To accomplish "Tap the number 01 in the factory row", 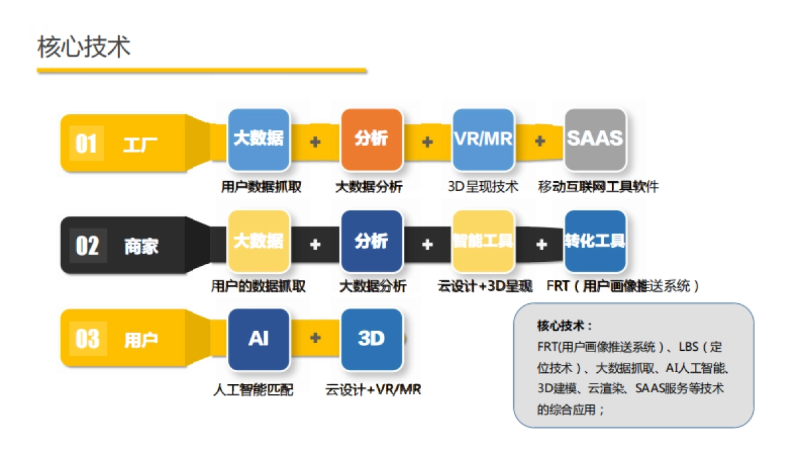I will (x=86, y=144).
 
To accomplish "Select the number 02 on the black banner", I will (x=87, y=246).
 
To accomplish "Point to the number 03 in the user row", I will (x=87, y=339).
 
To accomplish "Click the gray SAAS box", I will (x=595, y=139).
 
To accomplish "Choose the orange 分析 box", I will (x=371, y=139).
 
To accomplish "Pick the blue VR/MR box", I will (x=483, y=139).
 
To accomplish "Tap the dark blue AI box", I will (x=258, y=339).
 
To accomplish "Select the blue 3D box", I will (x=371, y=339).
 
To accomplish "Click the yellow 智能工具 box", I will (x=483, y=241).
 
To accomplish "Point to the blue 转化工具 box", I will (x=595, y=241).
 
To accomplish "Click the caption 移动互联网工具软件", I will (x=598, y=187).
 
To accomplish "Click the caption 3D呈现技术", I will (x=483, y=187).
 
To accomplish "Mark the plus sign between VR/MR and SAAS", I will (x=540, y=142).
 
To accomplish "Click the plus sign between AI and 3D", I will (x=315, y=338).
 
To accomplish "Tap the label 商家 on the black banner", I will (x=141, y=247).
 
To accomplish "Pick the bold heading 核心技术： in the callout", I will (x=565, y=326).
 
